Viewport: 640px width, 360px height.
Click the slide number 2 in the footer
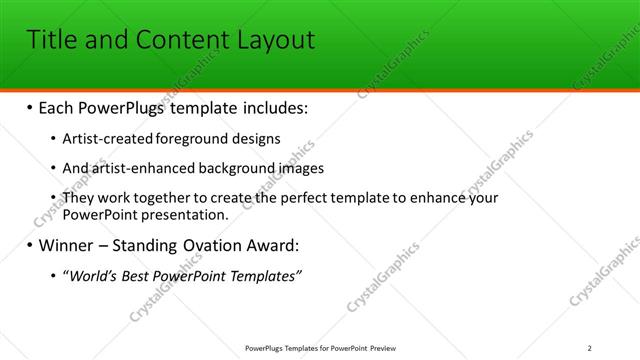click(589, 348)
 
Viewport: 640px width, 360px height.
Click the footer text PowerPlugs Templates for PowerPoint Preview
click(320, 348)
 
